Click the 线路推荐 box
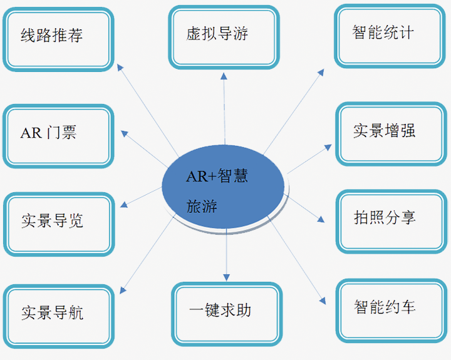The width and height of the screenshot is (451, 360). pyautogui.click(x=58, y=39)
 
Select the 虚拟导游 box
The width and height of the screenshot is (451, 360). pyautogui.click(x=224, y=38)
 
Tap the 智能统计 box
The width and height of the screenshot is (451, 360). pyautogui.click(x=390, y=36)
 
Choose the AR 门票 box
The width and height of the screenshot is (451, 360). pyautogui.click(x=58, y=136)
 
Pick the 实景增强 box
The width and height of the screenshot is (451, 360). pyautogui.click(x=391, y=134)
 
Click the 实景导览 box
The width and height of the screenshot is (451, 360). pyautogui.click(x=59, y=224)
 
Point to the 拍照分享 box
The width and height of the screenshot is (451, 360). pyautogui.click(x=391, y=222)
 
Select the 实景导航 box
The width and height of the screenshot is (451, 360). pyautogui.click(x=59, y=316)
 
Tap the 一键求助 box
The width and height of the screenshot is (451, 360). pyautogui.click(x=227, y=314)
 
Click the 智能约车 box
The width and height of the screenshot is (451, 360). pyautogui.click(x=391, y=311)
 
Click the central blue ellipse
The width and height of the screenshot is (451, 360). pyautogui.click(x=223, y=187)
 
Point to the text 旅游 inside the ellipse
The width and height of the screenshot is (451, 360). pyautogui.click(x=202, y=206)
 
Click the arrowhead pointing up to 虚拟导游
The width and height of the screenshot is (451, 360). pyautogui.click(x=224, y=76)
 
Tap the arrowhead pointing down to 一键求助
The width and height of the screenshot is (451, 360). pyautogui.click(x=226, y=277)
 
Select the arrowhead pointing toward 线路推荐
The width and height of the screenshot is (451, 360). pyautogui.click(x=120, y=67)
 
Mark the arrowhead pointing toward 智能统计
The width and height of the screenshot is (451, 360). pyautogui.click(x=321, y=72)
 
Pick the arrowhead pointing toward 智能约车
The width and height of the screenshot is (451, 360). pyautogui.click(x=323, y=301)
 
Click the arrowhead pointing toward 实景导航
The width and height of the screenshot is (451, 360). pyautogui.click(x=123, y=291)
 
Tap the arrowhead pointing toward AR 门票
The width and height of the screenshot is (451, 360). pyautogui.click(x=124, y=133)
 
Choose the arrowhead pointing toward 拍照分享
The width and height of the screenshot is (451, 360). pyautogui.click(x=321, y=220)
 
